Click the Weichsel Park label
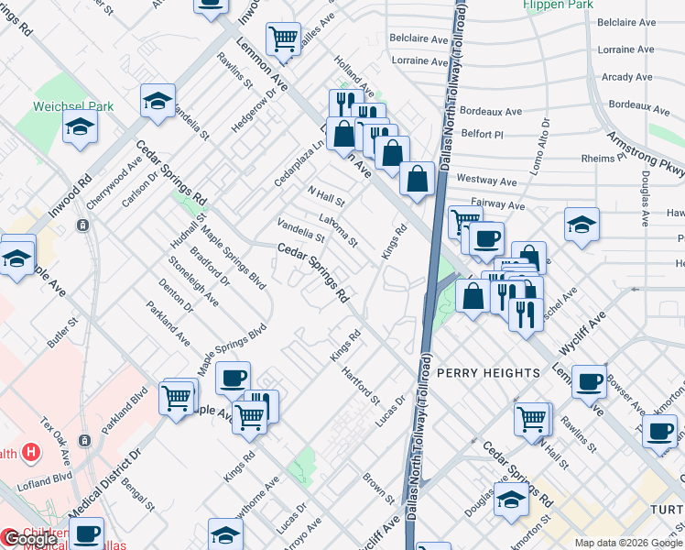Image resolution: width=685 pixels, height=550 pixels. pos(73,106)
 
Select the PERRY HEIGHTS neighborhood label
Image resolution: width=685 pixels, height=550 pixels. pos(488,373)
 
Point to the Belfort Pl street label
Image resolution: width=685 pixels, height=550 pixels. pos(482,134)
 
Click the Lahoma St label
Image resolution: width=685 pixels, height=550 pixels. pos(337,230)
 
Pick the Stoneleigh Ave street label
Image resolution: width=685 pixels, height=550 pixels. pos(193,280)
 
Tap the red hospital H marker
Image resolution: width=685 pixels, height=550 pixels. pos(32,452)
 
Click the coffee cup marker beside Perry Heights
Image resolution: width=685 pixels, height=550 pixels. pos(589,381)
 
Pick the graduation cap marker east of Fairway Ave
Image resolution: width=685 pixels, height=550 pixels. pos(582,225)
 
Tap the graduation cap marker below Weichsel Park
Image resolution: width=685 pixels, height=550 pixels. pos(81,128)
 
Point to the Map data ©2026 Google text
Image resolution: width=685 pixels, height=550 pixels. pos(628,543)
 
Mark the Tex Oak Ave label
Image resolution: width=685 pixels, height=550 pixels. pos(56,440)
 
